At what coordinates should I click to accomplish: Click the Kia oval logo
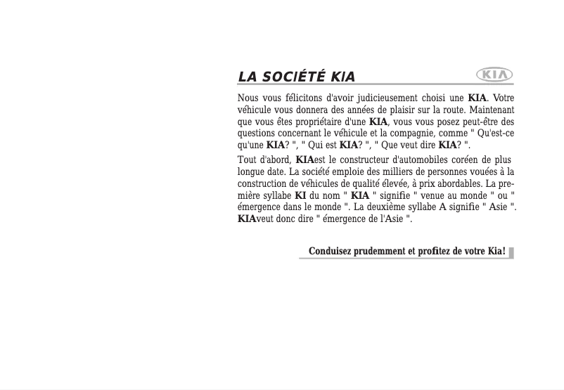point(495,74)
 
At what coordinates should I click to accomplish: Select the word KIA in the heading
point(342,77)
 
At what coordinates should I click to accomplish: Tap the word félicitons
point(299,98)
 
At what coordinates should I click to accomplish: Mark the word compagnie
point(415,134)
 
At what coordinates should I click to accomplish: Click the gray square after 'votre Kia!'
point(511,252)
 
